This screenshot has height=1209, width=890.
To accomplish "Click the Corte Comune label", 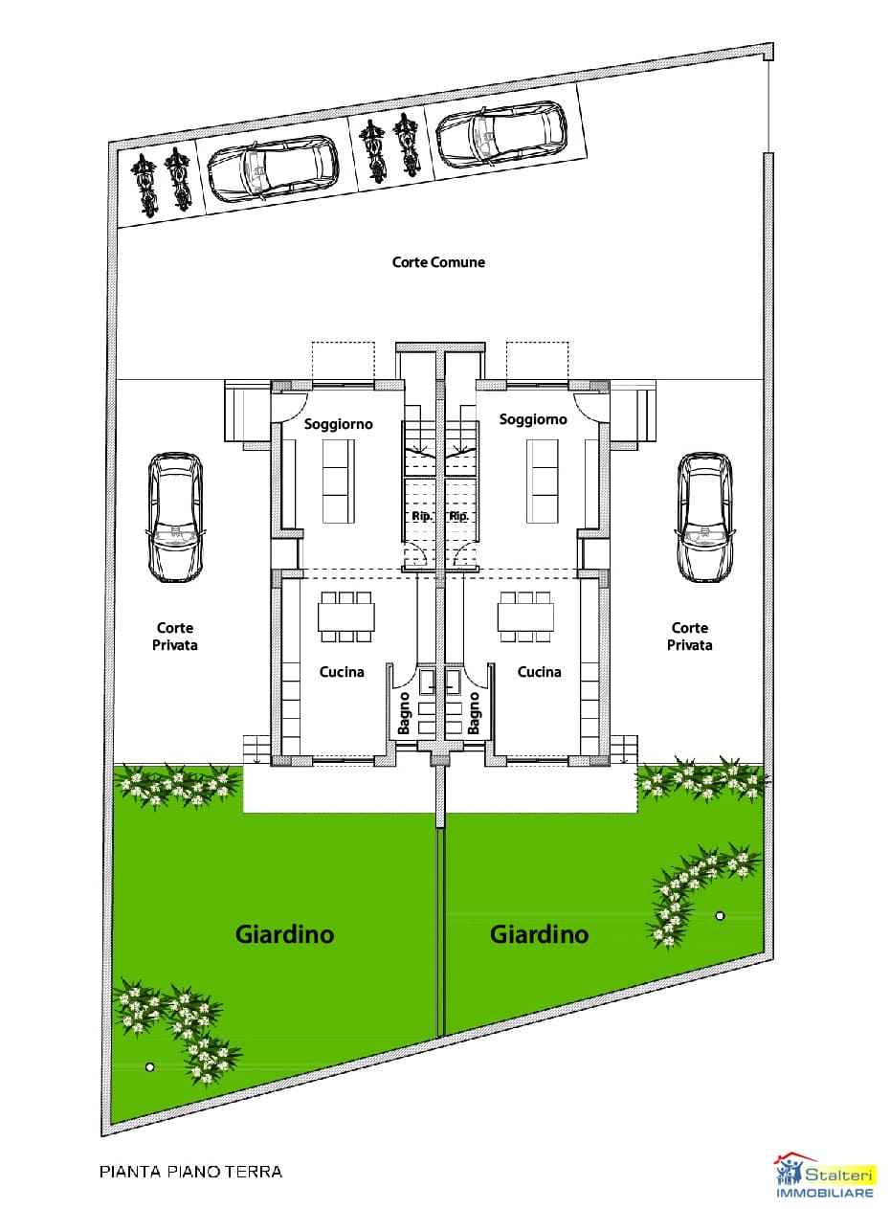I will coord(438,262).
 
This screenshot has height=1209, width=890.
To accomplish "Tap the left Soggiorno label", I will coord(338,424).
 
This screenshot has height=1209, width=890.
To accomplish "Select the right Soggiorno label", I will coord(533,419).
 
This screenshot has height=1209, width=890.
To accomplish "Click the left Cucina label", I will coord(342,672).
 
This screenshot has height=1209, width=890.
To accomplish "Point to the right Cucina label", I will coord(539,672).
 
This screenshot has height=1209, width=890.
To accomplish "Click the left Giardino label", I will coord(284,933).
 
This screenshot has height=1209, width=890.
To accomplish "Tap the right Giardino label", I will coord(539,933).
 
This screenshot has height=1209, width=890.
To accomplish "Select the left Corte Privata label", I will coord(175,637).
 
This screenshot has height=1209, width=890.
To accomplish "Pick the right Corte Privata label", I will coord(689,637).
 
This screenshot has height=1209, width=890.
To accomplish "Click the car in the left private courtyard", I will coord(176,517).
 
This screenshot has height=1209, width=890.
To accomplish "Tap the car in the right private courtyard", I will coord(704,517).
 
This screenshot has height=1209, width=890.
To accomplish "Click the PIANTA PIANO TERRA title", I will coord(191,1171).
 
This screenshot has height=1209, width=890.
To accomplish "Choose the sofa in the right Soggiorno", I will coord(544,481).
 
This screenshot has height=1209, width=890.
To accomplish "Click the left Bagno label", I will coord(404,713).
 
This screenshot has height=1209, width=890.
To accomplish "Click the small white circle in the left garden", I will coord(148,1066).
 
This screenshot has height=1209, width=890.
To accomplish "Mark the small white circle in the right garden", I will coord(720,916).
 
